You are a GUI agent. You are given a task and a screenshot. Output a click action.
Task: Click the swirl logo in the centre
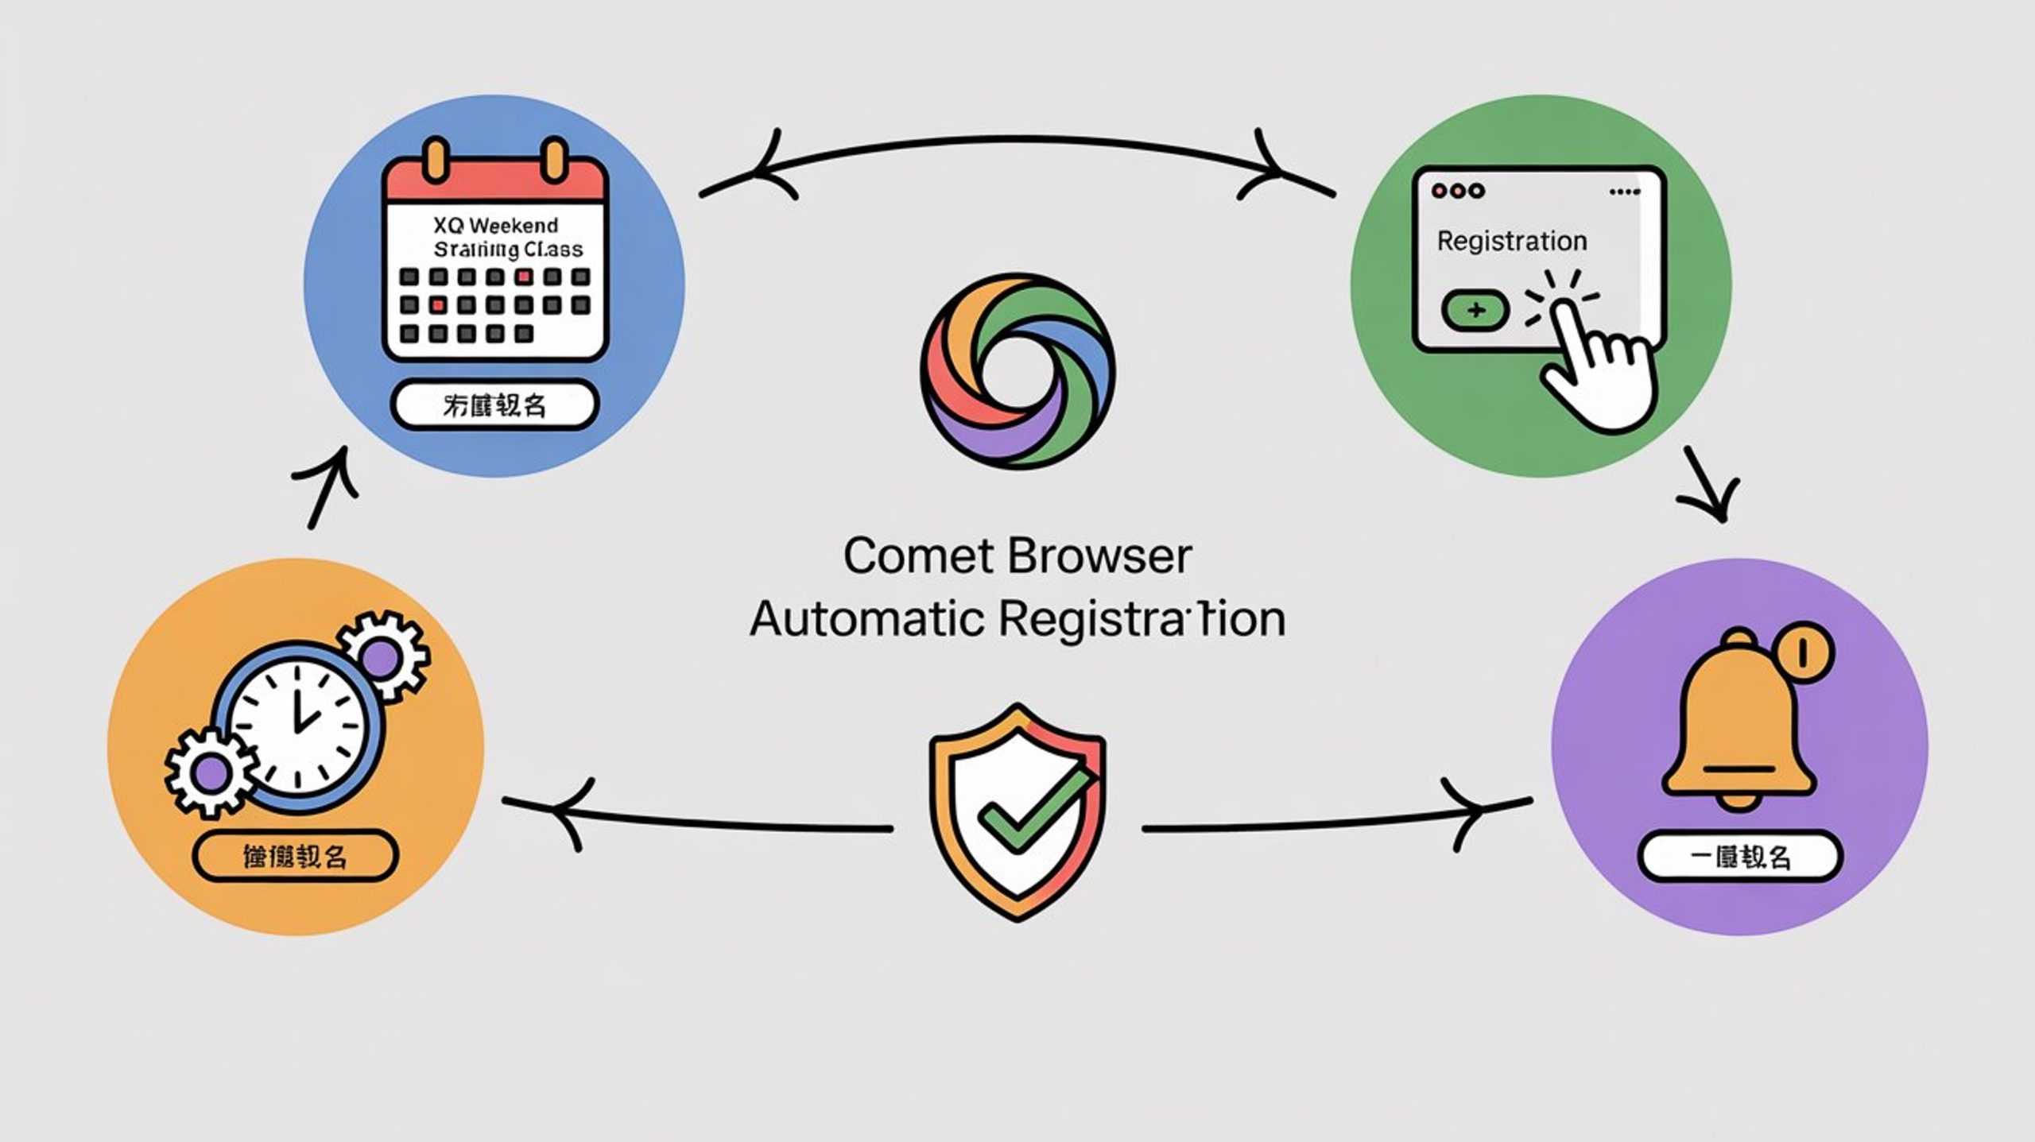point(1017,370)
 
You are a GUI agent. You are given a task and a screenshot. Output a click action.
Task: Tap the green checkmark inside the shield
point(1033,807)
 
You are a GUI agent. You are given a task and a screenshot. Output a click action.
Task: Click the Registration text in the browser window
point(1511,241)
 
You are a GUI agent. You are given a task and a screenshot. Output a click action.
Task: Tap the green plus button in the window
point(1475,310)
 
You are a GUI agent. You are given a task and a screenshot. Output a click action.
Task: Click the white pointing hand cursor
point(1598,366)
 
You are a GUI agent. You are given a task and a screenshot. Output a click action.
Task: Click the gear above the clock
point(382,656)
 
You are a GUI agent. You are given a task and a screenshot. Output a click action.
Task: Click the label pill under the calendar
point(494,405)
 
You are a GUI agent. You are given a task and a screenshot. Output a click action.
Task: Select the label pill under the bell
point(1740,857)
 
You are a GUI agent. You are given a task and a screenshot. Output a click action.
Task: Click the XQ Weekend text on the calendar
point(496,226)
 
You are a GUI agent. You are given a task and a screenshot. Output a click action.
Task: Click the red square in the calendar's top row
point(523,277)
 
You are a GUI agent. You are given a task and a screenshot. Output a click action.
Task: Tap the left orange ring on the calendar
point(435,159)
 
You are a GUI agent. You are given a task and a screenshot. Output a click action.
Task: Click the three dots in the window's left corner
point(1458,191)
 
